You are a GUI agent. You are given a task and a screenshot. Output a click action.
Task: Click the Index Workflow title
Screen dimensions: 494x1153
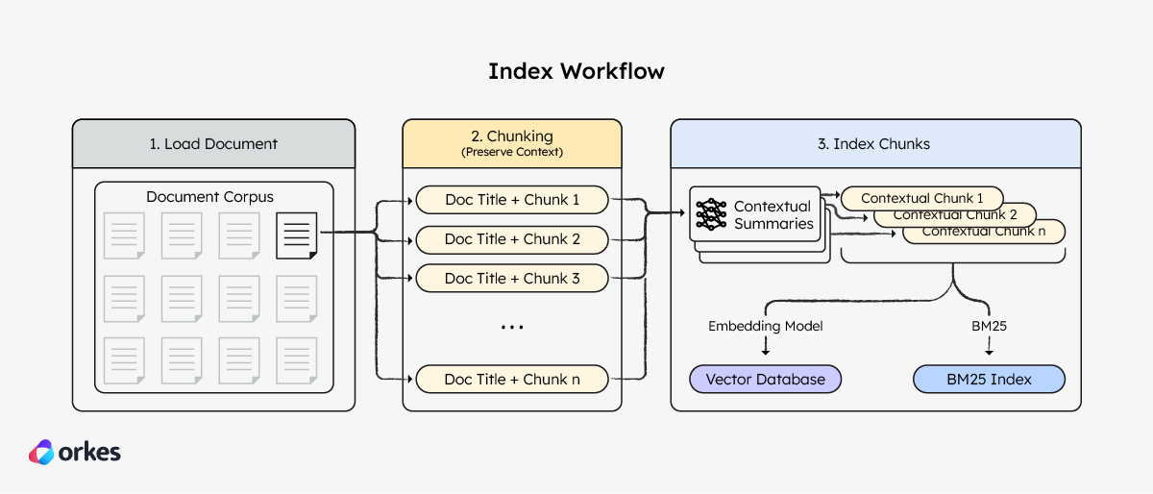[576, 71]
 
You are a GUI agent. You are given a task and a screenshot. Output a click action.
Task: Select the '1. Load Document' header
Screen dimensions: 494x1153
[213, 144]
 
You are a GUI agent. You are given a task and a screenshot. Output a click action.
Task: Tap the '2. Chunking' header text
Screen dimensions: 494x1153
[511, 136]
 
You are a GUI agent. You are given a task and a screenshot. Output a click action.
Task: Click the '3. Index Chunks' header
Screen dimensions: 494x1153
[873, 144]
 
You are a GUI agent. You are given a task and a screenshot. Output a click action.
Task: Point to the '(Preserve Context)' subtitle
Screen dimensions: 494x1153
[511, 152]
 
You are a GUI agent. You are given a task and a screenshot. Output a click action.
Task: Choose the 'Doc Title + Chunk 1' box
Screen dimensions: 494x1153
[512, 200]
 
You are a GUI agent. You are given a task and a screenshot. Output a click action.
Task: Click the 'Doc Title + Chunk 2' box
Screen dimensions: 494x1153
[512, 239]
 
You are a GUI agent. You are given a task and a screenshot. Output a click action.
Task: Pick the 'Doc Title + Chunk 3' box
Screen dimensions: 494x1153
[512, 279]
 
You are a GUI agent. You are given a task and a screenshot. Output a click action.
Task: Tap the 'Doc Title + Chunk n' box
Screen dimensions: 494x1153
[512, 380]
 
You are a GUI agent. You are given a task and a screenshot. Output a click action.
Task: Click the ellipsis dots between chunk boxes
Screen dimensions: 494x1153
[512, 328]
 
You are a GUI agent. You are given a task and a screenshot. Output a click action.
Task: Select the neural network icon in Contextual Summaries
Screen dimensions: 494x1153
[711, 214]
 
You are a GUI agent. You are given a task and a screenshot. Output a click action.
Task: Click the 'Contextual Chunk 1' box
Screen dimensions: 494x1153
[921, 198]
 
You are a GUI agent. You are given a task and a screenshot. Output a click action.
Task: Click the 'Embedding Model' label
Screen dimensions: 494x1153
[765, 326]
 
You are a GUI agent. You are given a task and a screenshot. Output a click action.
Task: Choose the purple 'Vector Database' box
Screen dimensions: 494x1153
[765, 380]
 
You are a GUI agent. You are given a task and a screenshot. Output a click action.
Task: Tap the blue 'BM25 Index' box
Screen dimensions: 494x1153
[989, 380]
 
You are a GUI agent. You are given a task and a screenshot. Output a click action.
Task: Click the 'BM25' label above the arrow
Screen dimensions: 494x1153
[989, 326]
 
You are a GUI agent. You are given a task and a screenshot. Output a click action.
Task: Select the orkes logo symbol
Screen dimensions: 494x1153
[41, 453]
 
